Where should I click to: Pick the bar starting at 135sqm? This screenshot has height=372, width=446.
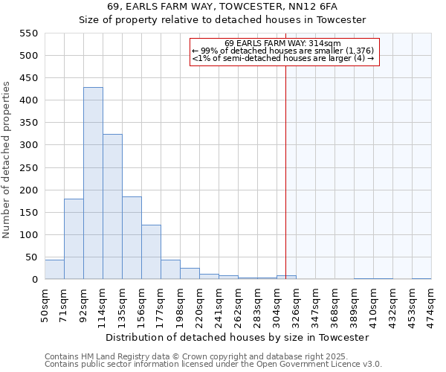[132, 238]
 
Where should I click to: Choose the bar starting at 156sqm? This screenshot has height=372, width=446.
[151, 252]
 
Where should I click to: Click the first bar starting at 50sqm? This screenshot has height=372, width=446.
[54, 269]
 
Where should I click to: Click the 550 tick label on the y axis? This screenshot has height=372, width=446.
[28, 33]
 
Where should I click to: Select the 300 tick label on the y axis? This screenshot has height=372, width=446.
[28, 145]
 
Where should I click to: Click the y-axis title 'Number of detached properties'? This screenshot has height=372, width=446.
[7, 160]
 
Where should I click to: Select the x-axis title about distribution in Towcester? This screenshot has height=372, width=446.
[237, 337]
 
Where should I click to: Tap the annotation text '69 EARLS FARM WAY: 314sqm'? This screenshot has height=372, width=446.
[282, 43]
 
